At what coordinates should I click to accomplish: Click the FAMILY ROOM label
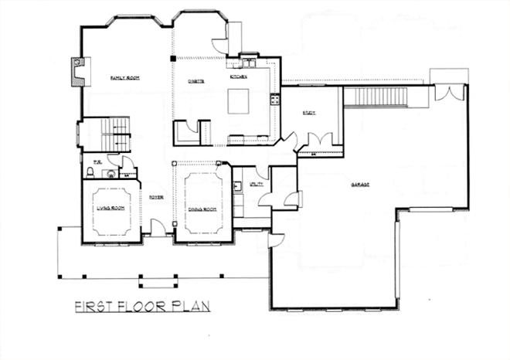[x=124, y=78]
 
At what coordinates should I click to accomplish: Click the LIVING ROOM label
[x=110, y=208]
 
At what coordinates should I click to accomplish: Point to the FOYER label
[x=156, y=197]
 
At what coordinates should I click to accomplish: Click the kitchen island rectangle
[x=237, y=101]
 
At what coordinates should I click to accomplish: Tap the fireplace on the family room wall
[x=77, y=71]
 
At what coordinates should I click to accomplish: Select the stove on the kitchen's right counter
[x=274, y=99]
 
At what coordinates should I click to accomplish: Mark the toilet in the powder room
[x=112, y=175]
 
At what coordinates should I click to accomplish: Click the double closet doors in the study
[x=316, y=141]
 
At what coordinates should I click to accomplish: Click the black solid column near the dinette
[x=174, y=58]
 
